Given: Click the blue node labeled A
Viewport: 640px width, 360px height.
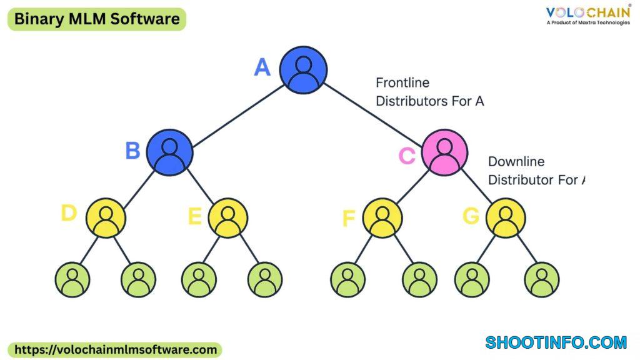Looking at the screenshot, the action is click(303, 70).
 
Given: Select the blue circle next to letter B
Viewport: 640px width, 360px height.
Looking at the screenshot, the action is click(169, 152).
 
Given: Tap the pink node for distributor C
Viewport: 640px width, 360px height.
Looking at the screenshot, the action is click(444, 152).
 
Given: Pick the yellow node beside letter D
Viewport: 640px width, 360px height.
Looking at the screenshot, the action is click(106, 218).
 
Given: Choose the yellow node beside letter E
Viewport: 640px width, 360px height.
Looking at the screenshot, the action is click(227, 218).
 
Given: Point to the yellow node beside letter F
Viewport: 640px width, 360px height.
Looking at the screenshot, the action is click(382, 218).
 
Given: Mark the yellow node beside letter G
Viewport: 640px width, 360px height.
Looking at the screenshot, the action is click(506, 218).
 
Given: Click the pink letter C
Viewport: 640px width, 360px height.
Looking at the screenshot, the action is click(407, 156).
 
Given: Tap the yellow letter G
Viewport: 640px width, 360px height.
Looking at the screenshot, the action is click(471, 216).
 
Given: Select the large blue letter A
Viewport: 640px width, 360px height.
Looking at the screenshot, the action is click(262, 67).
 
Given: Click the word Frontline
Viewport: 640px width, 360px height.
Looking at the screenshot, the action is click(402, 83).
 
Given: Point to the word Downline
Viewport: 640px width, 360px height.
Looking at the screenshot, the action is click(516, 162).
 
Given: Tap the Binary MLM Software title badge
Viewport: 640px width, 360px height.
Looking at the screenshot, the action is click(97, 19).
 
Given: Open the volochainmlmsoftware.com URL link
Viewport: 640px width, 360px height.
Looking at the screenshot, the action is click(115, 350).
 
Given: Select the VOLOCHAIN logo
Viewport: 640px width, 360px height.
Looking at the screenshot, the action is click(589, 15).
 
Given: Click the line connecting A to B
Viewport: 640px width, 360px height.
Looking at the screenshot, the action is click(238, 116).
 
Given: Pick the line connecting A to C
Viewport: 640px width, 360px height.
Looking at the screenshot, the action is click(372, 116).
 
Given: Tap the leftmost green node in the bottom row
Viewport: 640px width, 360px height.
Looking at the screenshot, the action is click(72, 279).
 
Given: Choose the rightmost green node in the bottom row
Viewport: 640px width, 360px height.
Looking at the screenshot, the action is click(542, 279).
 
